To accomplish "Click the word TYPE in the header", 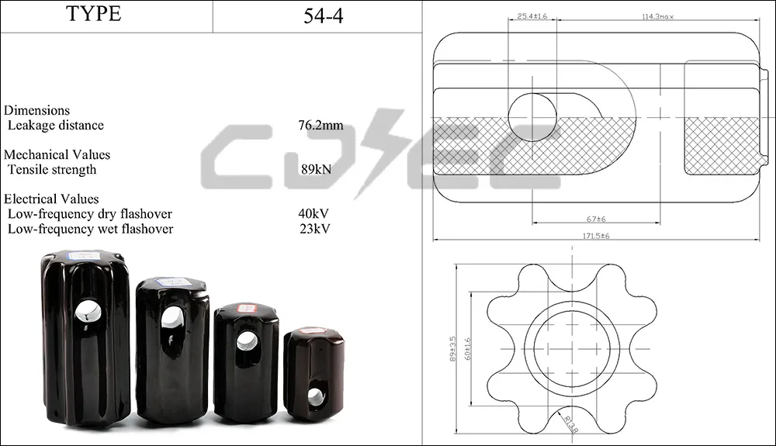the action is click(94, 13).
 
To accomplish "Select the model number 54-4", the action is click(323, 16).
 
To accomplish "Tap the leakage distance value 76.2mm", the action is click(320, 125).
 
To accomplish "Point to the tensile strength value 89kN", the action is click(317, 169).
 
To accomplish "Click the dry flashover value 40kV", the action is click(314, 213).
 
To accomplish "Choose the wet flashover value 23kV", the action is click(315, 229).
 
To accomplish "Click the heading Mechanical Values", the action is click(57, 154).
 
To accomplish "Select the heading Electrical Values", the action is click(51, 199).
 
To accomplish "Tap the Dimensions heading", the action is click(36, 110).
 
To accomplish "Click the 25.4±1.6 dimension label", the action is click(532, 16).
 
